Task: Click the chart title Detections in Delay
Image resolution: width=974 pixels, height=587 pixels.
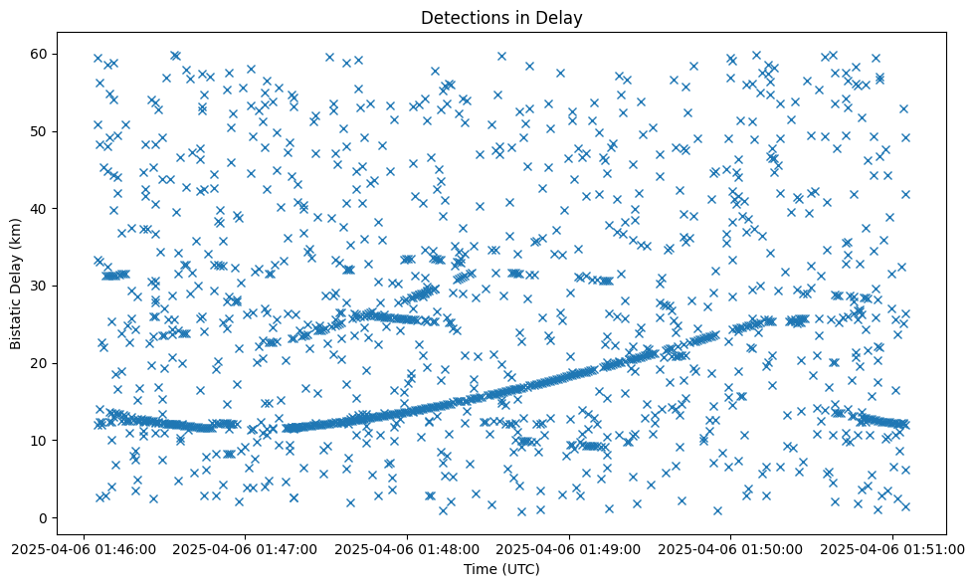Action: click(500, 17)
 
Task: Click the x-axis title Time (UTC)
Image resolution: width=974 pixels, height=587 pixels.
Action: click(500, 569)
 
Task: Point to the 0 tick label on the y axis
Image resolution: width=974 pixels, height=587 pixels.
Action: click(43, 517)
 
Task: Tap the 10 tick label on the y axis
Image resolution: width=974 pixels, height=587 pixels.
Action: click(39, 440)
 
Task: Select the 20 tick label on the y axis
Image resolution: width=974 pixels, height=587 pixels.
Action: click(39, 363)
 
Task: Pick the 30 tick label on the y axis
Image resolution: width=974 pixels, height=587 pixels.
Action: click(39, 286)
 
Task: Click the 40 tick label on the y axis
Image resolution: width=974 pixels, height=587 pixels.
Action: click(39, 208)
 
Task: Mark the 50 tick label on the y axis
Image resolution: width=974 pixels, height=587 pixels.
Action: click(39, 131)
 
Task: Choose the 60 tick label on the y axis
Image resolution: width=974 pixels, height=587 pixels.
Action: click(39, 54)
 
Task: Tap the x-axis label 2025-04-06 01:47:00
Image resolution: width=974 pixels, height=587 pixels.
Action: click(245, 548)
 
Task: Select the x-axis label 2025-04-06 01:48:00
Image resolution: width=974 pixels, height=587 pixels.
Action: click(407, 548)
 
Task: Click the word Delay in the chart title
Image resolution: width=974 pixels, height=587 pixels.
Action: click(560, 17)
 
